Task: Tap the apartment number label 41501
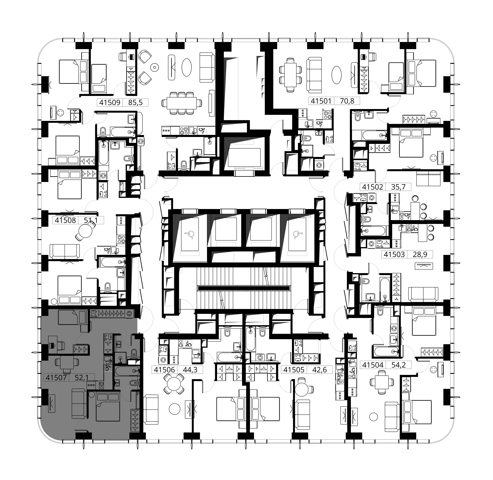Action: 321,101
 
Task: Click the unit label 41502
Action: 372,187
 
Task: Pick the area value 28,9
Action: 420,254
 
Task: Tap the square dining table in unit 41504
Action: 381,382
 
